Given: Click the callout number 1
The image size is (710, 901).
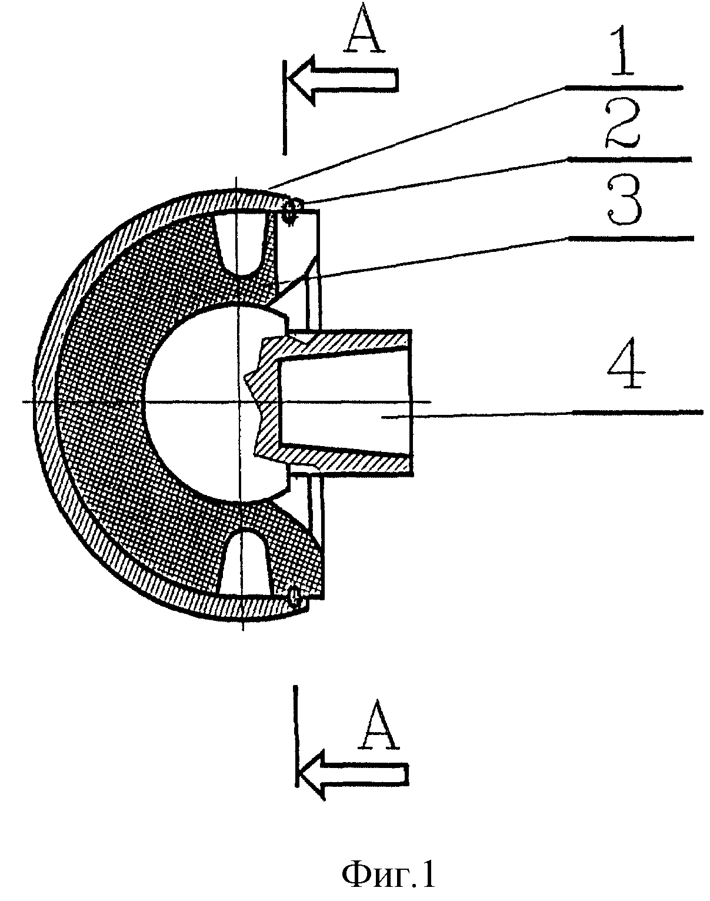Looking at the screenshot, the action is pos(626,50).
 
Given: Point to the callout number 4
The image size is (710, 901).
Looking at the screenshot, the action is pos(626,364).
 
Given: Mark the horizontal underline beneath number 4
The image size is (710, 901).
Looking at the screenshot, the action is pos(636,413).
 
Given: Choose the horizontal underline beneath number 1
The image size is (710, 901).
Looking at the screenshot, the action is pos(624,87).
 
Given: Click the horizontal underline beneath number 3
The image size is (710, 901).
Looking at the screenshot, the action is pos(630,238).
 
